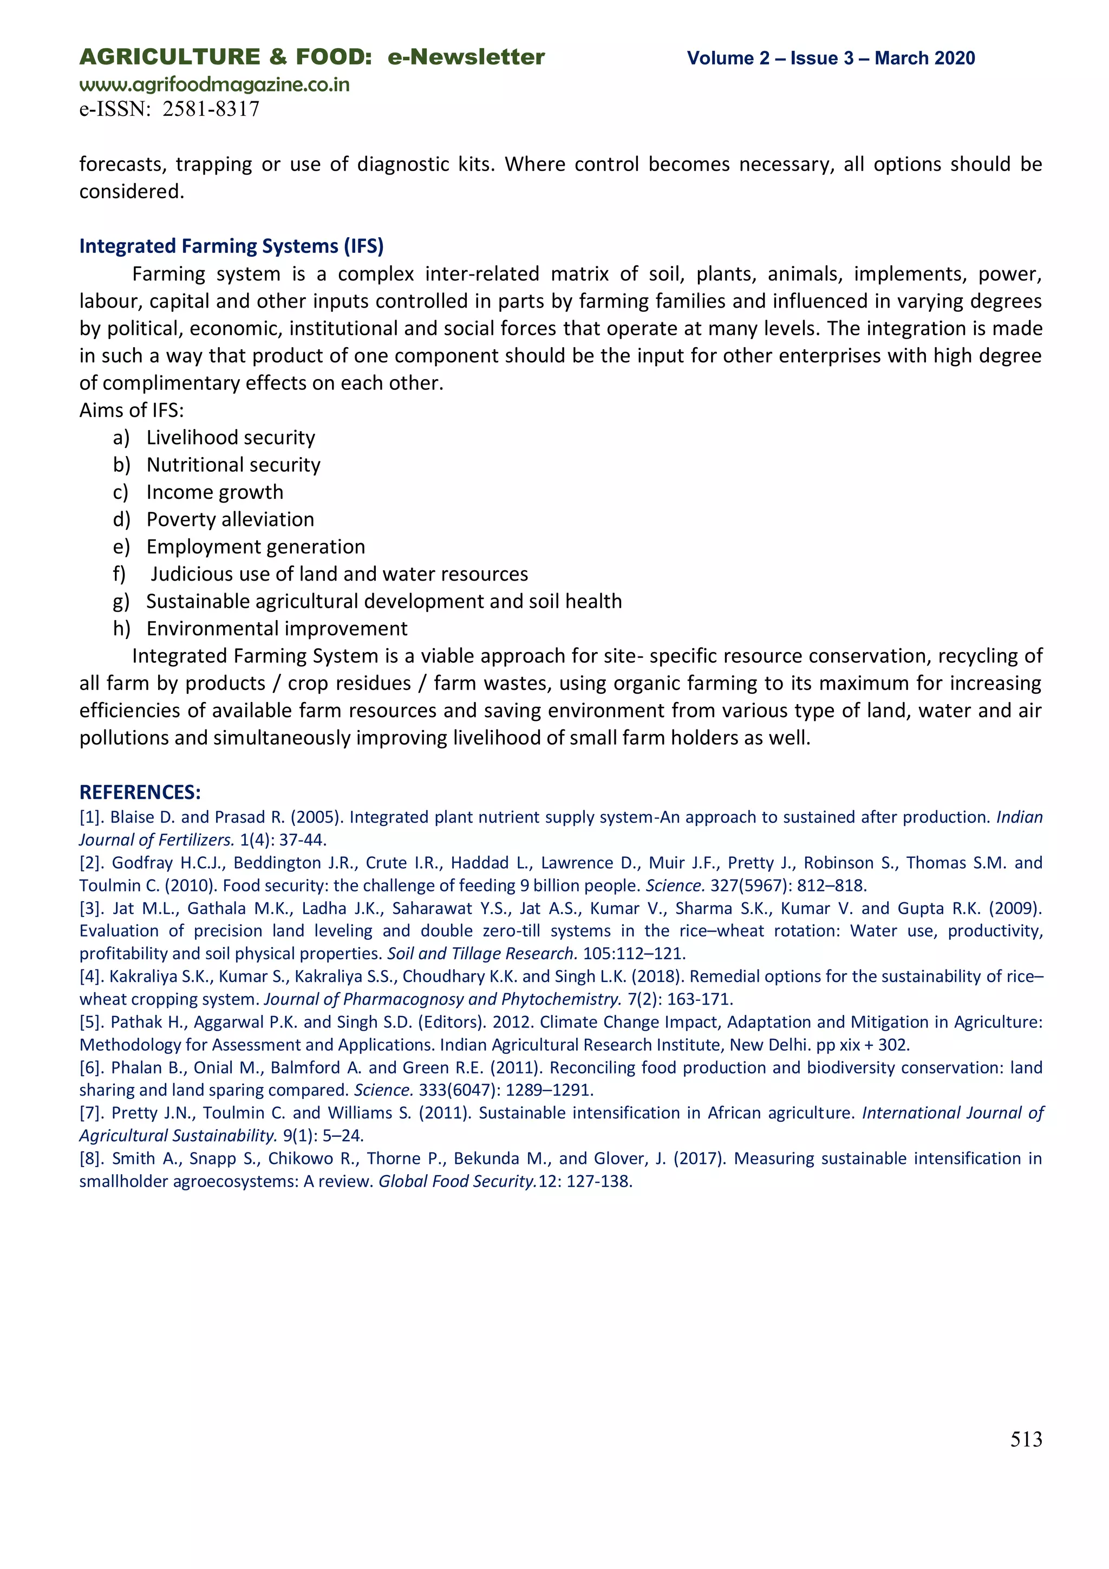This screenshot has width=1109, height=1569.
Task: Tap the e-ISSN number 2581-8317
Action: [x=211, y=109]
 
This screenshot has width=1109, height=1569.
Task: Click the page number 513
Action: [x=1026, y=1438]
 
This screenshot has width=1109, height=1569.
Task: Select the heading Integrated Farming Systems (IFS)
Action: [x=231, y=246]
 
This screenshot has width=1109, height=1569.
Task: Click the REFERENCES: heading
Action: [x=140, y=792]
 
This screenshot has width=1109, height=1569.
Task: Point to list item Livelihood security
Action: [x=230, y=438]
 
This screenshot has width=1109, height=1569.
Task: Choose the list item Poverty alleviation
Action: [x=230, y=519]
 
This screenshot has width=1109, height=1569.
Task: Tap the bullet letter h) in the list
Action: [x=121, y=629]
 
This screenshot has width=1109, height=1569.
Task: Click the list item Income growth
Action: [x=214, y=492]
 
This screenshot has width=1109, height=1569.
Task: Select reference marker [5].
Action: [x=91, y=1023]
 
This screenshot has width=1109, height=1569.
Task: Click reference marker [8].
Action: [x=91, y=1159]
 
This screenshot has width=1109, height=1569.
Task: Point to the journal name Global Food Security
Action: [x=456, y=1182]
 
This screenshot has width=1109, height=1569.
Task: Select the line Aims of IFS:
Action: [x=131, y=410]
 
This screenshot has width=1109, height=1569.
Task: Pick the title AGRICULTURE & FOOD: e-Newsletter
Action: [x=311, y=57]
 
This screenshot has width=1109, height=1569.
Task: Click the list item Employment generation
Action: [x=255, y=546]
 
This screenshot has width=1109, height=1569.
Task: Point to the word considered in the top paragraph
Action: [x=131, y=191]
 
